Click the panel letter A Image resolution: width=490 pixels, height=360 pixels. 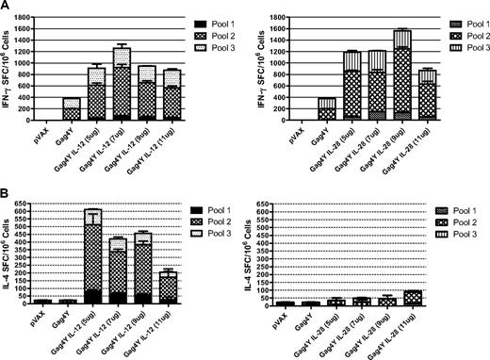coord(6,7)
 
